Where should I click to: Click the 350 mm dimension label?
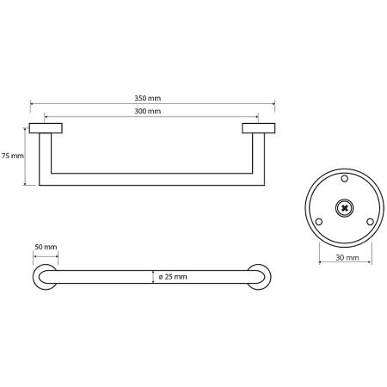pos(148,98)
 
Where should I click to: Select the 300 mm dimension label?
pos(148,111)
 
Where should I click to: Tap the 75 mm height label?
pos(13,156)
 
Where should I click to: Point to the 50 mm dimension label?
pos(46,247)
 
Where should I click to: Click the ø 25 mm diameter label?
pos(173,277)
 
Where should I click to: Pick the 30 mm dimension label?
pos(347,258)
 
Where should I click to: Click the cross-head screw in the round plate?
pos(344,208)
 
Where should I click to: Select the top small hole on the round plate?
pos(345,179)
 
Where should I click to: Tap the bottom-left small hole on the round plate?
pos(319,222)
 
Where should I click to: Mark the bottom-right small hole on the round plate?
pos(370,222)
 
